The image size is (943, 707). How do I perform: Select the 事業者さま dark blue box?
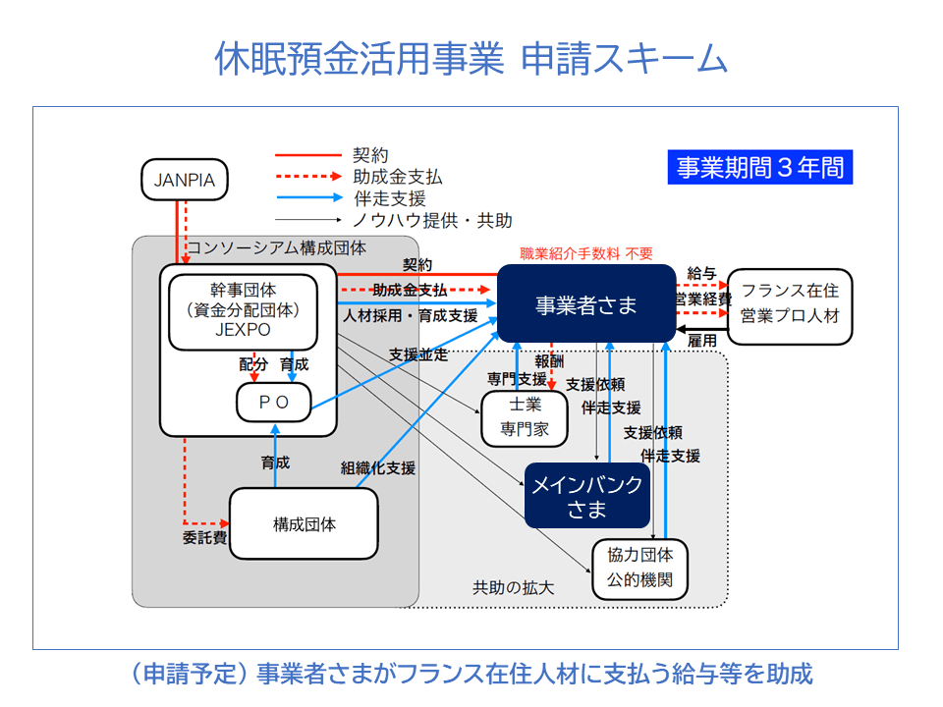586,304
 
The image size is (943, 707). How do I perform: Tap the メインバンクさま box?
586,496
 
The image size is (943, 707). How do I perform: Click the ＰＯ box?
274,402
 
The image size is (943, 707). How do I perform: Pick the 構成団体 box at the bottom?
304,524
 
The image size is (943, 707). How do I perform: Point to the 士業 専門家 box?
525,418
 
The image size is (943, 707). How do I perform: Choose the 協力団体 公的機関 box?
639,569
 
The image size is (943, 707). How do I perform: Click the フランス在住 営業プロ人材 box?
790,305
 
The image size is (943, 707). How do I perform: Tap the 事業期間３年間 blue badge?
760,167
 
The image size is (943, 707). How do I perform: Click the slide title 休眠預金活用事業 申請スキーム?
471,60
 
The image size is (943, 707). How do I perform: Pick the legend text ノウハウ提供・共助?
432,221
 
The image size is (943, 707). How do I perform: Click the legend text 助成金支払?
397,177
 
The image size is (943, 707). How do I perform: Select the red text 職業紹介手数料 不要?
585,252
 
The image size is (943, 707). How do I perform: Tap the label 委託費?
204,538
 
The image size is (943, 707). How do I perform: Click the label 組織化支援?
378,467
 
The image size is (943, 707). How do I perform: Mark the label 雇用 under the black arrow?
702,340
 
